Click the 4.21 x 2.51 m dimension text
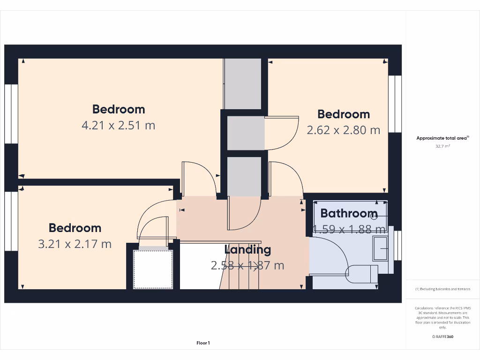point(118,125)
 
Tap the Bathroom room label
point(348,213)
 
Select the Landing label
point(247,249)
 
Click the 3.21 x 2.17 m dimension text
point(75,244)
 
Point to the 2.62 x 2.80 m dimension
point(343,130)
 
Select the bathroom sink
point(380,248)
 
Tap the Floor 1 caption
point(203,343)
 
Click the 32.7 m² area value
point(442,146)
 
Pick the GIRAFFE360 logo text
point(442,337)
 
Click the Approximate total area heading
point(442,138)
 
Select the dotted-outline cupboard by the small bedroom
point(153,269)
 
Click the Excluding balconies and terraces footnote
point(442,289)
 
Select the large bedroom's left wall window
point(11,114)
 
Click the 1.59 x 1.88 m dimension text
point(349,229)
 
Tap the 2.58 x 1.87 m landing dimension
point(247,265)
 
